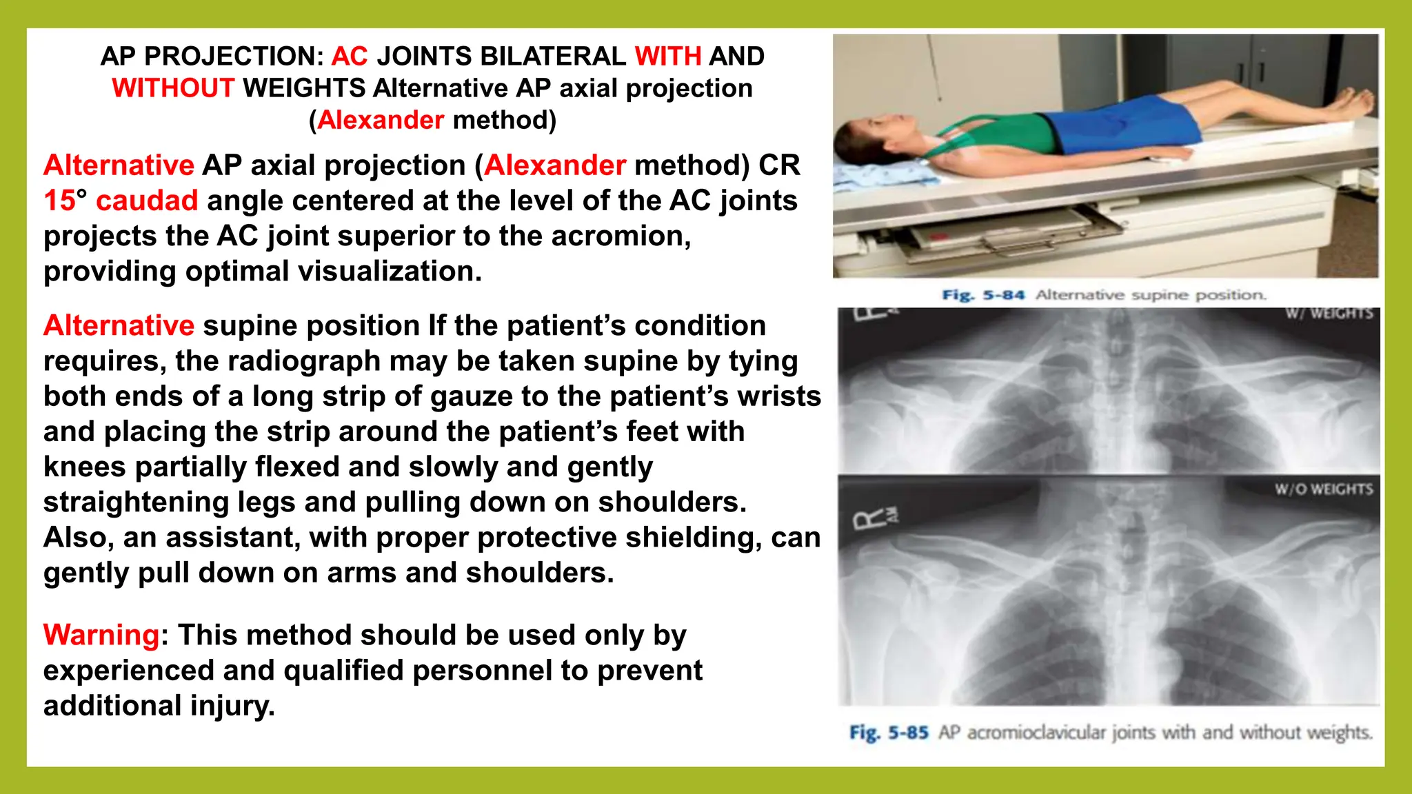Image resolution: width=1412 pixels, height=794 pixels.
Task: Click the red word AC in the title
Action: tap(350, 57)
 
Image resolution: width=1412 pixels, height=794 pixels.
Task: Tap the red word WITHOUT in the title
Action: tap(173, 88)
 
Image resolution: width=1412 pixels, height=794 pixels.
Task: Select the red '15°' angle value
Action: tap(65, 201)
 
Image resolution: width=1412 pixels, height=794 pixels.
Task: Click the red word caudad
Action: tap(147, 201)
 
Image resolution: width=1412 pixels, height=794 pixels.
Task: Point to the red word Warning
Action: tap(101, 635)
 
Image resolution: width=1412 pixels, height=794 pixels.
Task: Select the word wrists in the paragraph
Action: tap(779, 396)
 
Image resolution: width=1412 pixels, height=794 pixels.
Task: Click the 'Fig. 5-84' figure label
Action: tap(983, 295)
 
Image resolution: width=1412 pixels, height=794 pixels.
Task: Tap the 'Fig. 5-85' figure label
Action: tap(889, 732)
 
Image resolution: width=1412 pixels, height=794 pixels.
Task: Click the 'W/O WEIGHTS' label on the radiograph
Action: tap(1323, 489)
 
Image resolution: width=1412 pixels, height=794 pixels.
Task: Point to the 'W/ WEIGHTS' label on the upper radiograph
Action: tap(1329, 314)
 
